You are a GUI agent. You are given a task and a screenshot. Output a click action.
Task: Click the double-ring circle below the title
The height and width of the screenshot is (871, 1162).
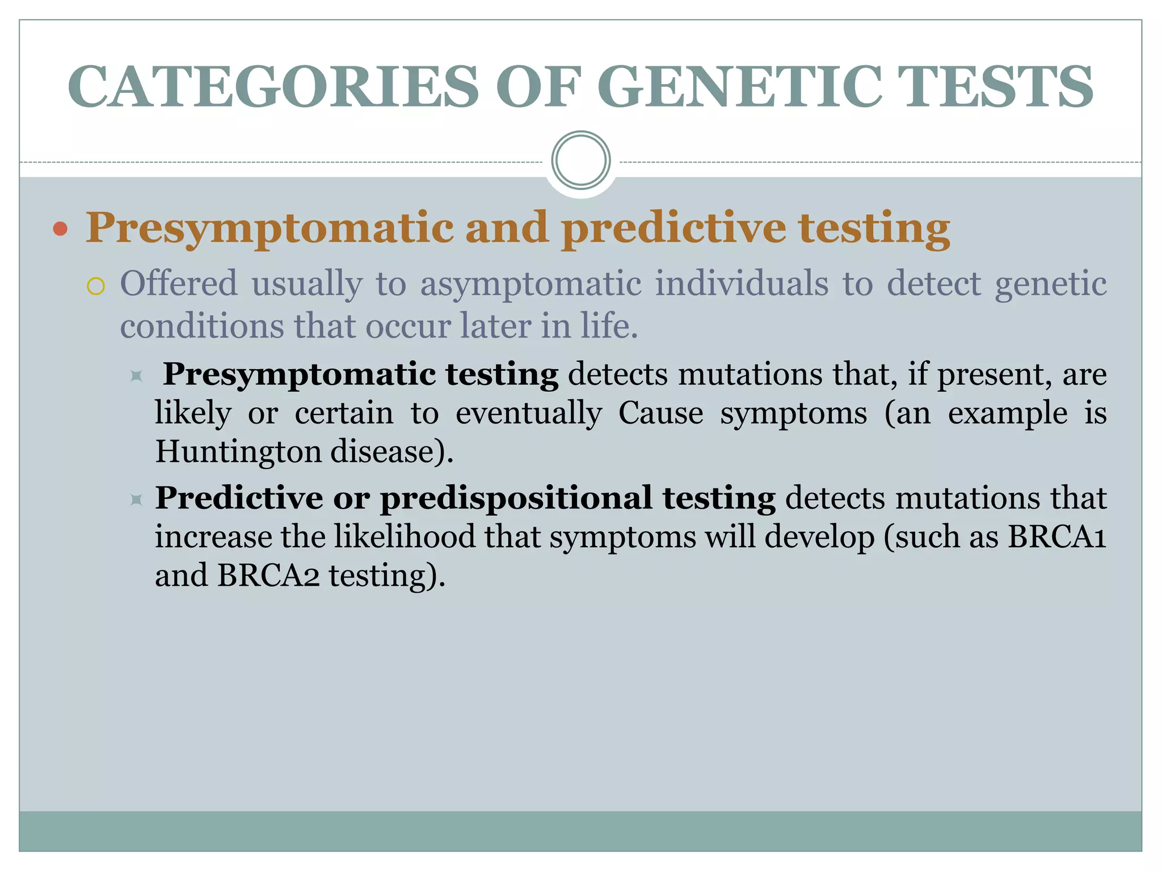pos(580,160)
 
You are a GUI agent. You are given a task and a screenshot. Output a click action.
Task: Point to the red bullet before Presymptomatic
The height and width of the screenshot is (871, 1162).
pos(60,230)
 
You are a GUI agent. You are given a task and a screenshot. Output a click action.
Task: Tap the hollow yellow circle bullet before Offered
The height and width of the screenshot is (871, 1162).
pos(96,286)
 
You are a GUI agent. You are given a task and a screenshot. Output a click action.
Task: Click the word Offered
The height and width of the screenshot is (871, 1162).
pos(179,284)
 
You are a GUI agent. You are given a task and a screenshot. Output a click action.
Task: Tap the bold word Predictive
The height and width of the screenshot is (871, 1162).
pos(239,498)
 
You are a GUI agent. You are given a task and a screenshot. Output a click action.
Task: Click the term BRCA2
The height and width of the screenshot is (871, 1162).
pos(268,576)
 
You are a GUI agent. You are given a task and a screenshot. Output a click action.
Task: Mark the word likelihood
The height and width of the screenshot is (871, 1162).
pos(405,536)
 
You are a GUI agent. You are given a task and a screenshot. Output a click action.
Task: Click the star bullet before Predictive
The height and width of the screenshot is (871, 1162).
pos(136,500)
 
